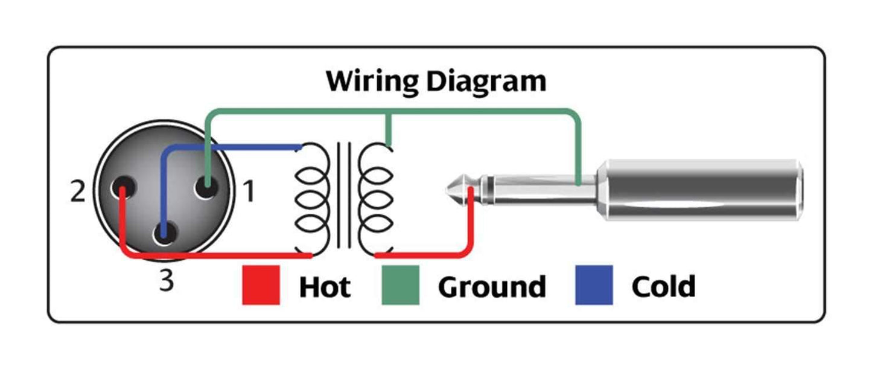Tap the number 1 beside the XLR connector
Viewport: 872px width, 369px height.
[x=249, y=192]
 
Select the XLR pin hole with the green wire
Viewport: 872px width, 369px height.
[x=206, y=188]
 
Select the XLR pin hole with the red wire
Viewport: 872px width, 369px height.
[x=123, y=188]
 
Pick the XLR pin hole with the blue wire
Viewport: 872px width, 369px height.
[x=164, y=233]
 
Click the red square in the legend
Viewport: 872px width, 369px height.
[x=261, y=285]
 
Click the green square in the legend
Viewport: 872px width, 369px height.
[x=401, y=285]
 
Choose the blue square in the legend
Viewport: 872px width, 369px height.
[x=594, y=285]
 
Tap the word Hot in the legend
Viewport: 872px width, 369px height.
[x=325, y=286]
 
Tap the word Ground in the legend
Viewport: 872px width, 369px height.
[x=492, y=286]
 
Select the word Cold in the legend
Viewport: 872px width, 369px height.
[x=663, y=286]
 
